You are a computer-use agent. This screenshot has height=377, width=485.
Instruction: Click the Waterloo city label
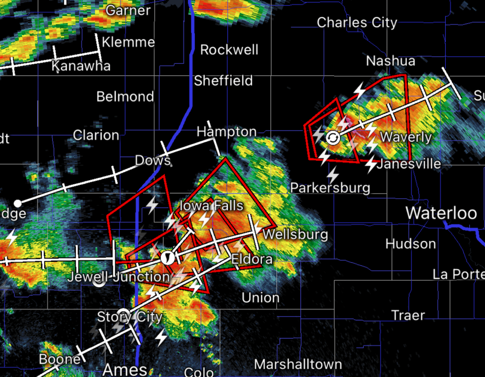click(441, 213)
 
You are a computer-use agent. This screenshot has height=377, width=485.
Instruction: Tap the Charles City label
click(357, 23)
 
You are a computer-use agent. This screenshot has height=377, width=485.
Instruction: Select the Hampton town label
click(226, 132)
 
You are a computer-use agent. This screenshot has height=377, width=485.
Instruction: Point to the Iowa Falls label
click(211, 206)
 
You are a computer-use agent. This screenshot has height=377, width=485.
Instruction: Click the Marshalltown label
click(298, 364)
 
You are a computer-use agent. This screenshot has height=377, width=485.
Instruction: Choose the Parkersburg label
click(330, 187)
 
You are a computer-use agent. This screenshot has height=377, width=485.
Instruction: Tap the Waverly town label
click(406, 137)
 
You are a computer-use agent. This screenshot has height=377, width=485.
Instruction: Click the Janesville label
click(409, 164)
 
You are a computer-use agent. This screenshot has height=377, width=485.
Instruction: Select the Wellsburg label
click(295, 234)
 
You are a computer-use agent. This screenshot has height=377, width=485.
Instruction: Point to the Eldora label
click(252, 259)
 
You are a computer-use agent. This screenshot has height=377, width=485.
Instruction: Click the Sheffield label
click(223, 81)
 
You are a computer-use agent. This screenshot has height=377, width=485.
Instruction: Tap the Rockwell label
click(229, 50)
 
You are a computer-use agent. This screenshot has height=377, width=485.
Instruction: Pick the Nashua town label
click(390, 61)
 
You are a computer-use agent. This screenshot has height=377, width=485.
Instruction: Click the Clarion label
click(96, 135)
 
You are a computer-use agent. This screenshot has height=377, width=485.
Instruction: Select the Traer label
click(408, 315)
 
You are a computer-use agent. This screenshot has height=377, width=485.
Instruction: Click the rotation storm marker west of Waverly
click(333, 138)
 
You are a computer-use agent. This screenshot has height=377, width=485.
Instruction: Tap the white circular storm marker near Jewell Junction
click(167, 257)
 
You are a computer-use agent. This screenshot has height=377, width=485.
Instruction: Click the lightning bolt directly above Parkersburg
click(333, 175)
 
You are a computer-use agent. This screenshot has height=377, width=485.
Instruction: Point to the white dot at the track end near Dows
click(17, 203)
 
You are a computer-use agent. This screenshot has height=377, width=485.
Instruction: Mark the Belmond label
click(125, 97)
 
